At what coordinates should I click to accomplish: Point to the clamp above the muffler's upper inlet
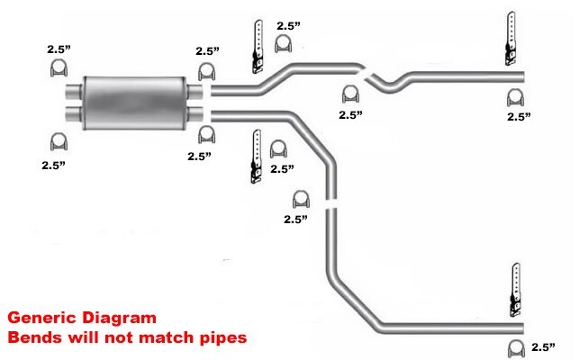[x=59, y=69]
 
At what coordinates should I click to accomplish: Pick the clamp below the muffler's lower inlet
[x=59, y=140]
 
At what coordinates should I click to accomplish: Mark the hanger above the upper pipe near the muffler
[x=256, y=45]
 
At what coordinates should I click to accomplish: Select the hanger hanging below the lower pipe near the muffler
[x=257, y=157]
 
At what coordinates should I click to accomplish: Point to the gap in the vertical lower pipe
[x=331, y=204]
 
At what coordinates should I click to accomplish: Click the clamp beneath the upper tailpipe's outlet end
[x=516, y=97]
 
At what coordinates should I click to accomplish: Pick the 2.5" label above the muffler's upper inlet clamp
[x=60, y=50]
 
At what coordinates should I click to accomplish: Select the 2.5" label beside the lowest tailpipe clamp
[x=543, y=346]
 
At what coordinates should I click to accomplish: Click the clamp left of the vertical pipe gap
[x=300, y=199]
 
